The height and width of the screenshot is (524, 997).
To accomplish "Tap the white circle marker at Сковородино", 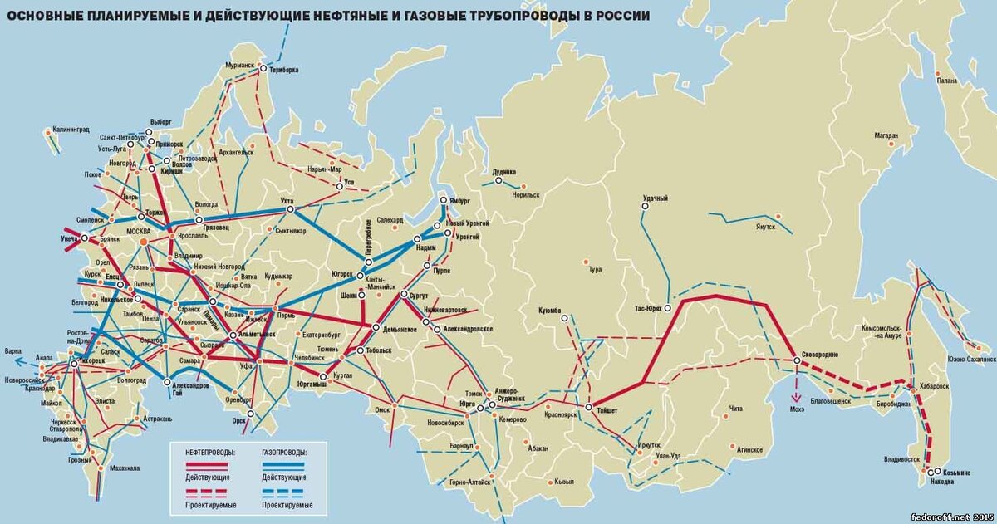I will click(x=796, y=361).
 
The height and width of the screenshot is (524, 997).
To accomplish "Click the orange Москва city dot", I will click(x=144, y=241).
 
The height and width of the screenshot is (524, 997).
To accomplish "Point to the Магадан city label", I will click(x=886, y=135).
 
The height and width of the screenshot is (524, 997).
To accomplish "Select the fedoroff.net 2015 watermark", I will click(x=950, y=517).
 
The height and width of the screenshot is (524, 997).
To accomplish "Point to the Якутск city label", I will click(x=765, y=226).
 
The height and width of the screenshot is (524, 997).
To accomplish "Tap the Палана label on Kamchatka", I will click(x=946, y=81).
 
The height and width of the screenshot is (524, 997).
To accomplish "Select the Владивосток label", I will click(x=901, y=458).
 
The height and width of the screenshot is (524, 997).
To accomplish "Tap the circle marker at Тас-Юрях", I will click(x=666, y=308).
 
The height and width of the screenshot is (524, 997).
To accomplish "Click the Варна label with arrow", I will click(x=13, y=351).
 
